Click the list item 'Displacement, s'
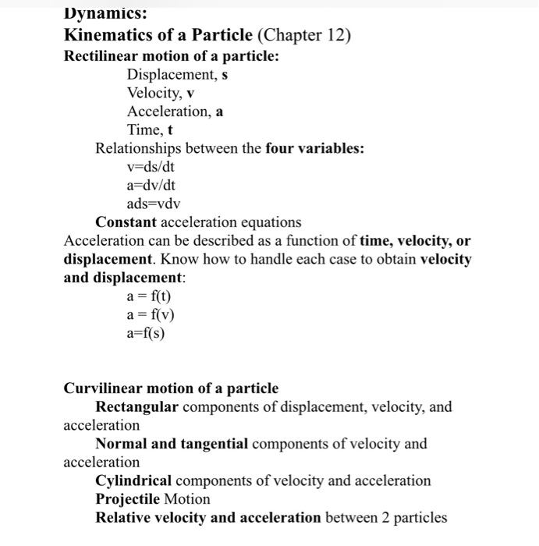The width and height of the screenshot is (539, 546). coord(177,75)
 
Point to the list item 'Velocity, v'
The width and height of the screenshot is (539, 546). coord(160,93)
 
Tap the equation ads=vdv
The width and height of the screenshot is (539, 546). coord(153,204)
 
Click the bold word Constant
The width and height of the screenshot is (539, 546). coord(126,222)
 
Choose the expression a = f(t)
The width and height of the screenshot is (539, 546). coord(148,296)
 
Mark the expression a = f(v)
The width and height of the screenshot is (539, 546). coord(149,315)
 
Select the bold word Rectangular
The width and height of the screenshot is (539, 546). coord(137,407)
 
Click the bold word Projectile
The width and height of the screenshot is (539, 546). coord(127,498)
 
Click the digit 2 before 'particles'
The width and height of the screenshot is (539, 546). coord(387,517)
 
